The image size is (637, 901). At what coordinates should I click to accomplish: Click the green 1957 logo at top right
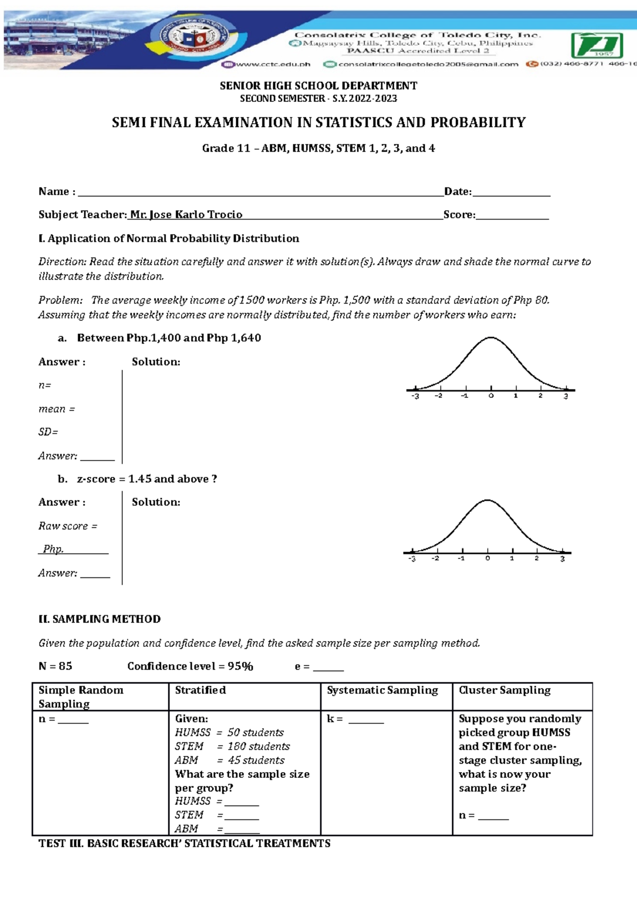[597, 46]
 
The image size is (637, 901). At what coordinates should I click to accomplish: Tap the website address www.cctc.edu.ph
[272, 64]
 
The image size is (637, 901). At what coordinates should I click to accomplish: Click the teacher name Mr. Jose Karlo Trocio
[186, 214]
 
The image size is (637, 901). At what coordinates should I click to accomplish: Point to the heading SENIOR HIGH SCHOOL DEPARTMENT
[318, 85]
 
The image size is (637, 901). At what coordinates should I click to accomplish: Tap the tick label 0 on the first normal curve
[491, 396]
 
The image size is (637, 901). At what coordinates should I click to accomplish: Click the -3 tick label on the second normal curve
[411, 559]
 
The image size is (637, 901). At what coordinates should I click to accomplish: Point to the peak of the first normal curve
[491, 338]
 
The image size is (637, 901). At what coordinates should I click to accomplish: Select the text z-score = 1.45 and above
[147, 479]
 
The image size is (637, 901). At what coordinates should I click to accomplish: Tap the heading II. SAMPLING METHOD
[99, 619]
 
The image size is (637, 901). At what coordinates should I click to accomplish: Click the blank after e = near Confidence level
[328, 668]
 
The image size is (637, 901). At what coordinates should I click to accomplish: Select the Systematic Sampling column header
[382, 690]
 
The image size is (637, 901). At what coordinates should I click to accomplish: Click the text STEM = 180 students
[233, 746]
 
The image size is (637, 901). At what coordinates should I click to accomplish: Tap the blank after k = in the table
[366, 720]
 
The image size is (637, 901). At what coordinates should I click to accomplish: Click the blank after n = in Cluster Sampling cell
[493, 816]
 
